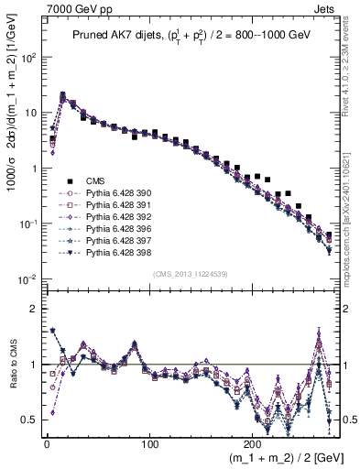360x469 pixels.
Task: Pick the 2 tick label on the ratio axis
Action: coord(32,309)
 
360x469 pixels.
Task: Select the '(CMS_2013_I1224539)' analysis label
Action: coord(190,274)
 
